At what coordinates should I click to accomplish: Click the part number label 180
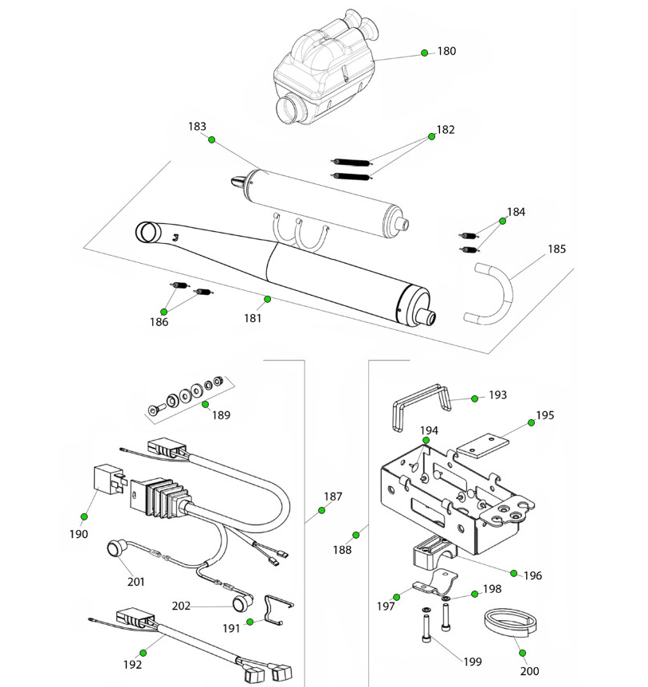446,51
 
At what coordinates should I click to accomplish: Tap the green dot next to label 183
212,139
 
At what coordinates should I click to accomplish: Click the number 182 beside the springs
446,129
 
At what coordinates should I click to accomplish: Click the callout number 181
253,318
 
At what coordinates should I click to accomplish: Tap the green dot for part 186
164,311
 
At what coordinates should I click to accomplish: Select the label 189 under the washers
221,415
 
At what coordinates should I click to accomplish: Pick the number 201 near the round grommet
136,582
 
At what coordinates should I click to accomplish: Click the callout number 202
181,606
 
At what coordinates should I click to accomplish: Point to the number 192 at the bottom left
132,664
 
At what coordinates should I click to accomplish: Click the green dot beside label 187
321,510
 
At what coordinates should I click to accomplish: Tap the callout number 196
532,574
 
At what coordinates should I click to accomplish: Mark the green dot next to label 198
474,594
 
